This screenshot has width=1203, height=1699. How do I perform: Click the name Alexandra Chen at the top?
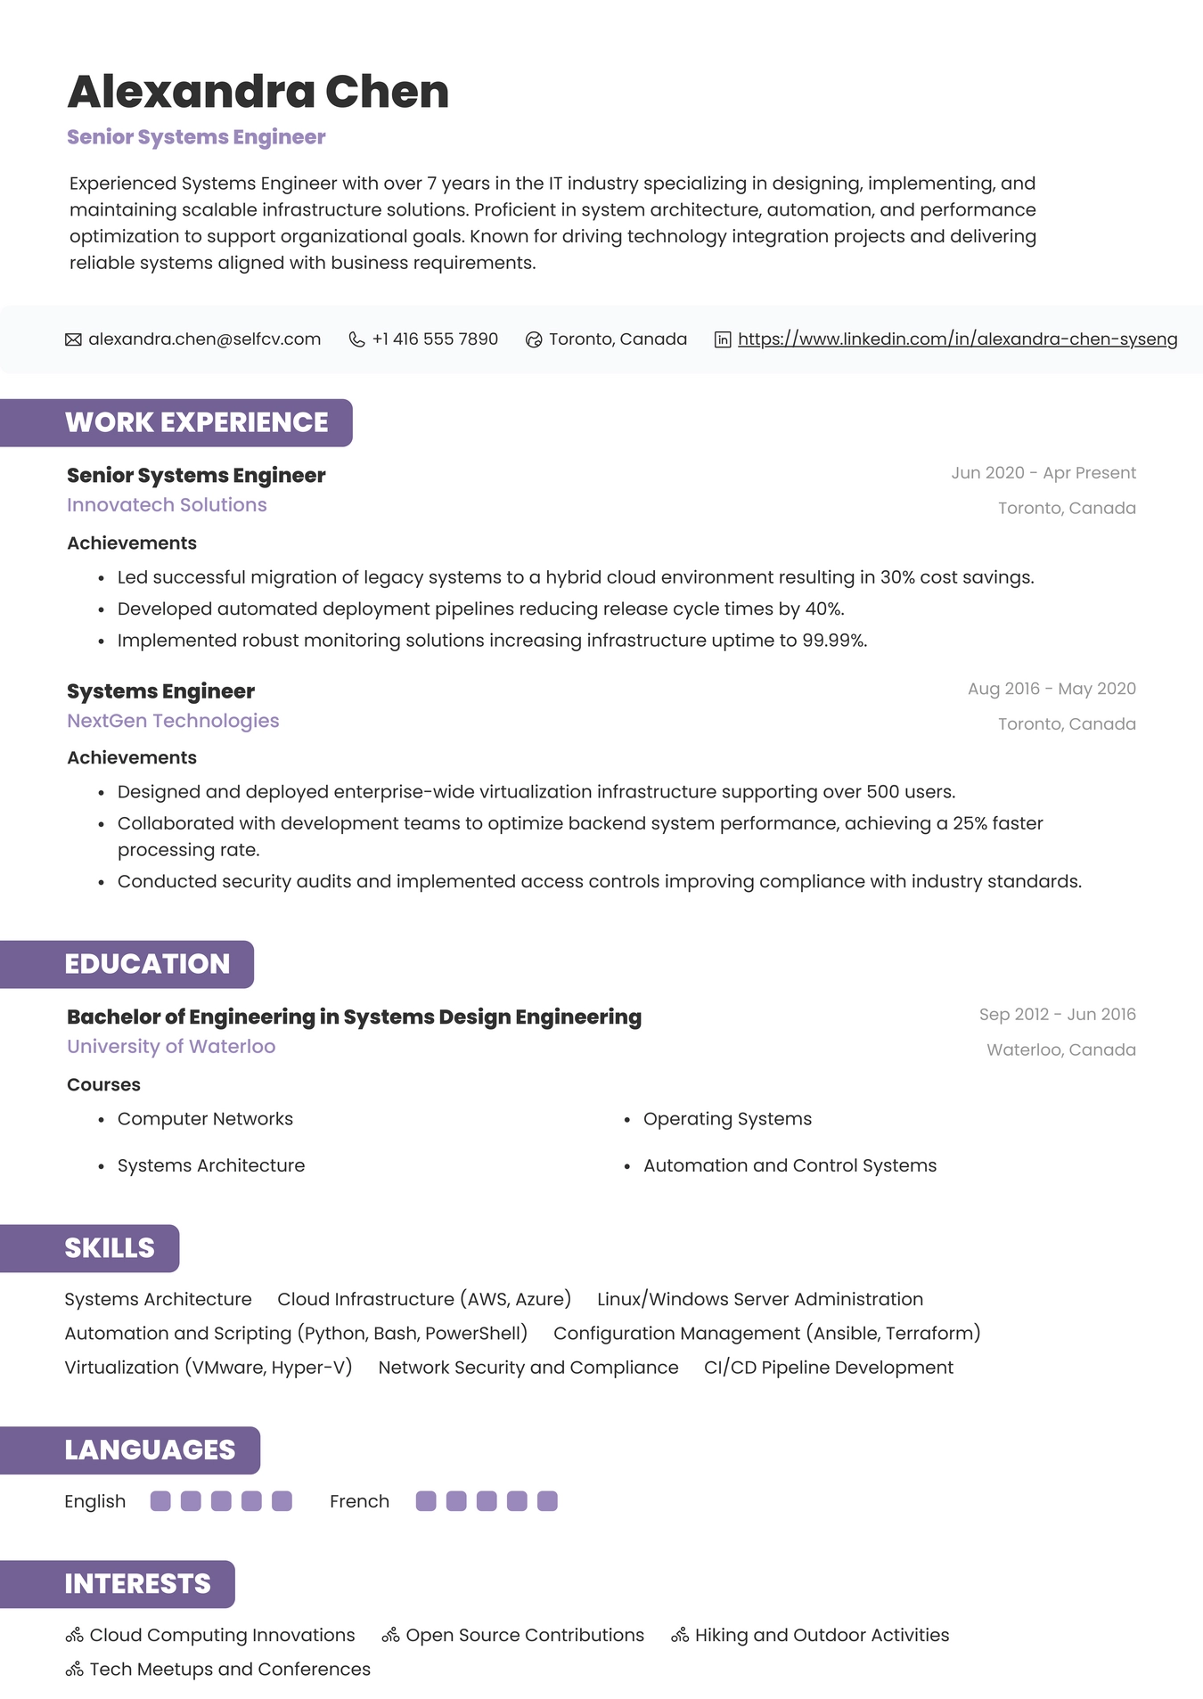(258, 92)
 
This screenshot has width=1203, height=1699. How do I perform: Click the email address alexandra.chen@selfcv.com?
(204, 339)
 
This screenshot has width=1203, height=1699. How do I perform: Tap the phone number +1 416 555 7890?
(435, 339)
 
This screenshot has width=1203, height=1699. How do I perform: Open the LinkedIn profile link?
(957, 339)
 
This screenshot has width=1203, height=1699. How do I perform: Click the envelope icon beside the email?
(73, 339)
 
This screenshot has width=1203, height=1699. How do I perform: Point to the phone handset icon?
(356, 339)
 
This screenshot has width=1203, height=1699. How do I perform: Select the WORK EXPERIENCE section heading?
(196, 422)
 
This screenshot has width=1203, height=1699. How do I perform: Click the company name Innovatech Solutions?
(167, 505)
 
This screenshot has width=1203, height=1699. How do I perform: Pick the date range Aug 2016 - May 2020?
(1052, 689)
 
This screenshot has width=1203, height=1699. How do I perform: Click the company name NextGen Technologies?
(173, 721)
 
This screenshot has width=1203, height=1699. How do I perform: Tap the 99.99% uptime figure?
(833, 641)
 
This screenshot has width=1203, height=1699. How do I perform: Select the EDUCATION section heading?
(147, 964)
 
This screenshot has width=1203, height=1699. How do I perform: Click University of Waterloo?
(171, 1047)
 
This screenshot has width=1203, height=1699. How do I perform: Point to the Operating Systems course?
(727, 1119)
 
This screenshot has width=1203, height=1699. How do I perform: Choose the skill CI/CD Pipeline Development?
(828, 1368)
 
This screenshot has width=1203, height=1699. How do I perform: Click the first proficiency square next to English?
(160, 1501)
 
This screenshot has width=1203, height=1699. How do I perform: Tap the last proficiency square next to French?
(547, 1501)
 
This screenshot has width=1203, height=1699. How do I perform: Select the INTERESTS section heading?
(137, 1584)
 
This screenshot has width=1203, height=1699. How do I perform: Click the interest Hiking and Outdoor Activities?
(822, 1636)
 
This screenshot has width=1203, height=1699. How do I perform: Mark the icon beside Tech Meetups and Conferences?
(75, 1670)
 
